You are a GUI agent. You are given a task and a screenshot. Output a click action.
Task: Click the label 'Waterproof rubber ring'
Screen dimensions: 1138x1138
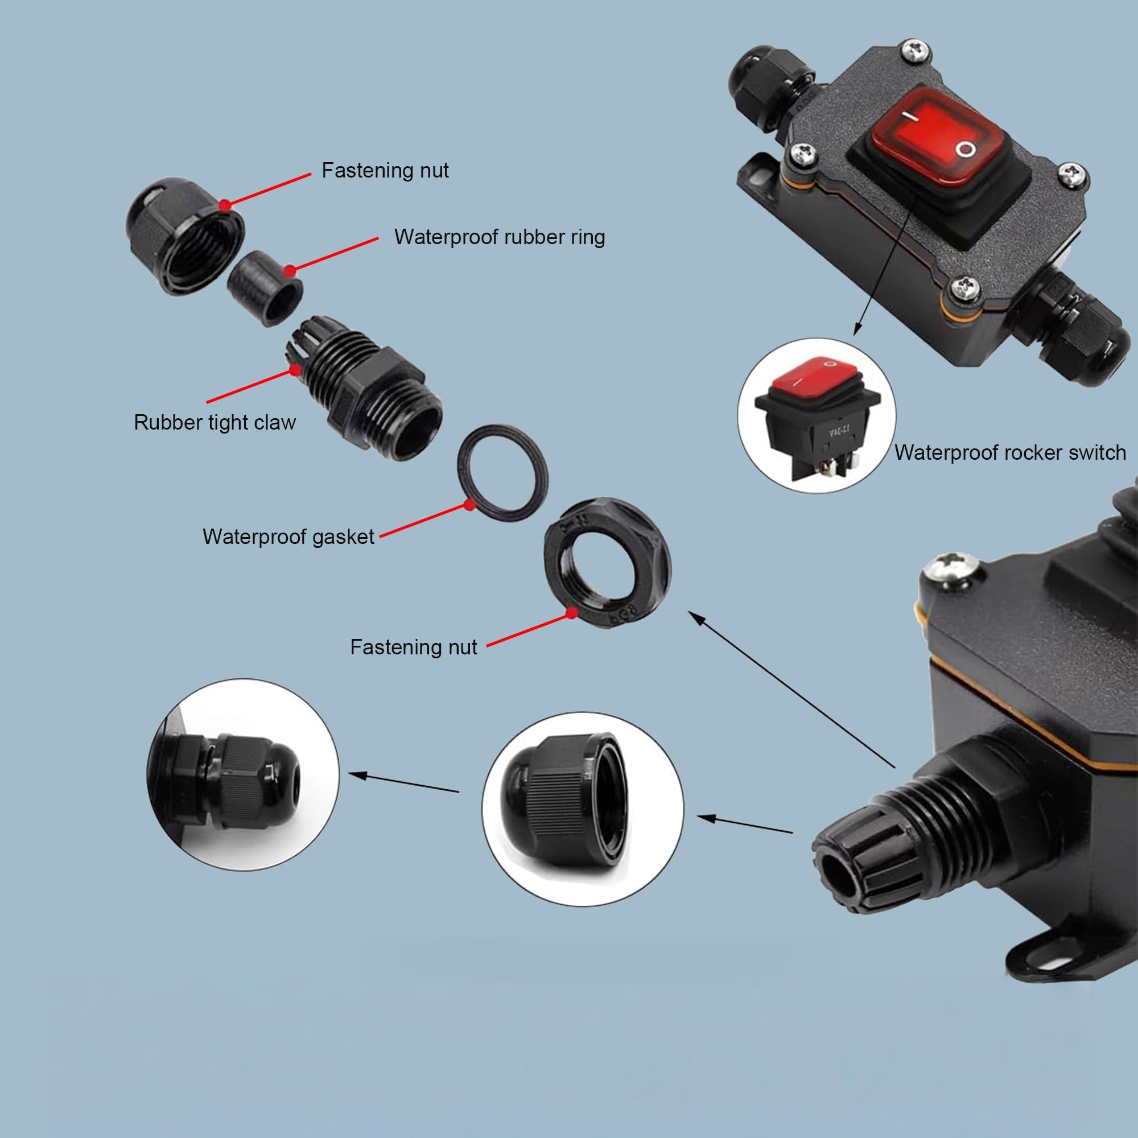point(500,237)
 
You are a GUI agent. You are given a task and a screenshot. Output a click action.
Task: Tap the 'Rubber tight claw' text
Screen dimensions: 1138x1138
point(215,422)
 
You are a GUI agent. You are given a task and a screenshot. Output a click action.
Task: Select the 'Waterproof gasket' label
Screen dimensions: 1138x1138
point(288,537)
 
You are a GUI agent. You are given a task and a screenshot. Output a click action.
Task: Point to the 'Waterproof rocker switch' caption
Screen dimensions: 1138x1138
point(1010,452)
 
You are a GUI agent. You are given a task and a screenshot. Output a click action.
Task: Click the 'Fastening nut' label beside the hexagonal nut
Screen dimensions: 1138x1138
point(414,648)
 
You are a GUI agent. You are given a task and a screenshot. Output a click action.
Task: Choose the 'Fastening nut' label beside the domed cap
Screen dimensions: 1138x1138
point(385,170)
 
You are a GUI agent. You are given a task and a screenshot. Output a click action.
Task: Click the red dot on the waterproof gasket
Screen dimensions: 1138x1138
point(469,505)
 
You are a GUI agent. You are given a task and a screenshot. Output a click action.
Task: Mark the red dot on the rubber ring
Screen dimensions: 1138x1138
point(290,271)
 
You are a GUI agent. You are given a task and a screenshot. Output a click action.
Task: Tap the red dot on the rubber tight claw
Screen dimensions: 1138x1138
point(295,370)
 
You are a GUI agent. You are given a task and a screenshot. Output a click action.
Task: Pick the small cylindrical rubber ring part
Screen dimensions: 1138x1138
point(265,287)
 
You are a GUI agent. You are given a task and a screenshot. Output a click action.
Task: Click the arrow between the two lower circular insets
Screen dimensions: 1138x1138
point(403,783)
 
